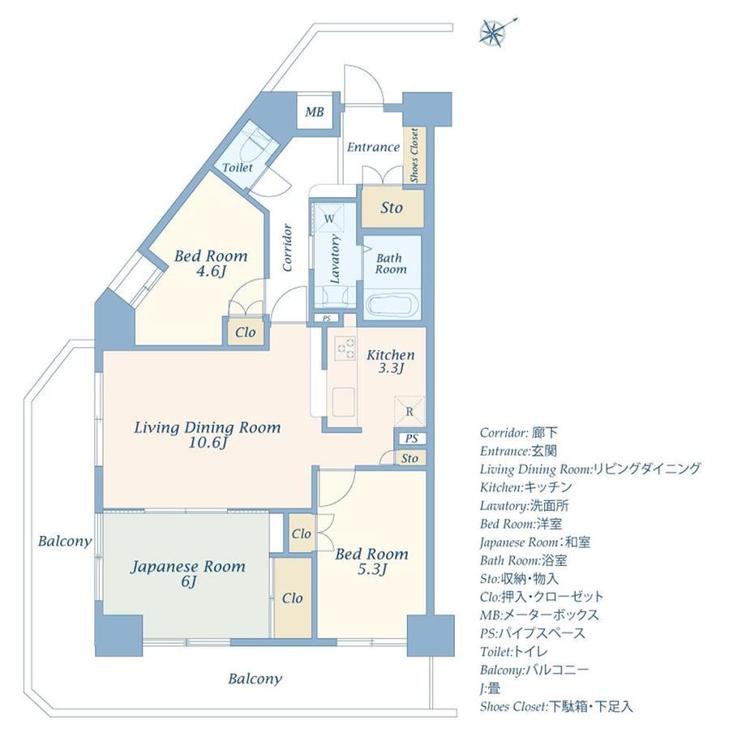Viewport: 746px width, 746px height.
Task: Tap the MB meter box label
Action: click(314, 112)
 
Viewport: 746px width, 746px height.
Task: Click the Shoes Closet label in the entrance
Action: click(414, 155)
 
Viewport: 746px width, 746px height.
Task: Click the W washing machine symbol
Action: click(329, 219)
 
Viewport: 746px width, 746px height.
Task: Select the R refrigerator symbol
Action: click(409, 412)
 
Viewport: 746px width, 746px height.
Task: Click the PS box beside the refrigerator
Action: click(411, 438)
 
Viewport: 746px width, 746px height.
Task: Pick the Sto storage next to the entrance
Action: click(392, 208)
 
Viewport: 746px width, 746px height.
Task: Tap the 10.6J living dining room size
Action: click(208, 443)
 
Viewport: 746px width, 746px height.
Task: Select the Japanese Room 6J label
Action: click(188, 573)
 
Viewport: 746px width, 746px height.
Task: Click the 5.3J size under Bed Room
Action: click(371, 569)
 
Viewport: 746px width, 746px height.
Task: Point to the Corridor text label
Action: click(287, 247)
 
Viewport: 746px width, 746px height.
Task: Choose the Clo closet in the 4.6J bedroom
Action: click(246, 332)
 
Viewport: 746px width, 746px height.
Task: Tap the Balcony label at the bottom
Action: click(255, 679)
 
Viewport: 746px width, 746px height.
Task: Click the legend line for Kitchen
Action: click(525, 487)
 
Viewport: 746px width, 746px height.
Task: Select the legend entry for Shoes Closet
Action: click(556, 706)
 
